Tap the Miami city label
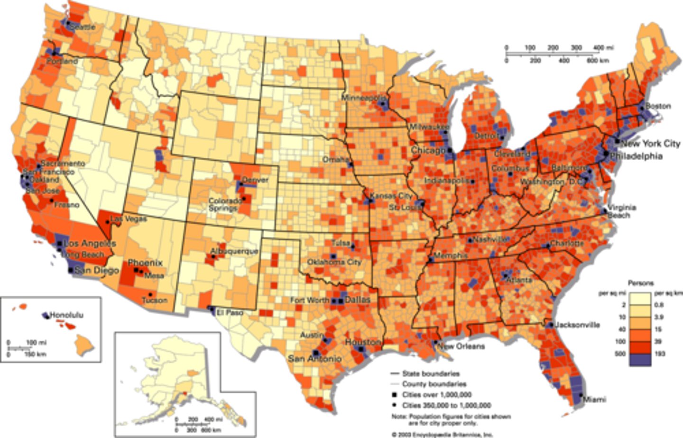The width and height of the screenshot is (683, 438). coord(594,400)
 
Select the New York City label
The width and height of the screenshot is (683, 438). coord(650,144)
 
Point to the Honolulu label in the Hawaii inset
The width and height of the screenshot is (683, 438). coord(66,315)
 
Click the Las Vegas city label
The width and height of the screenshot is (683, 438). coord(129,219)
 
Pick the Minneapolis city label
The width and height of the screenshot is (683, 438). coord(364,98)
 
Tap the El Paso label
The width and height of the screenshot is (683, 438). coord(230,312)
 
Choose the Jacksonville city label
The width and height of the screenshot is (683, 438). coord(577,325)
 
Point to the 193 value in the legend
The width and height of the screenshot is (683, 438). coord(659,354)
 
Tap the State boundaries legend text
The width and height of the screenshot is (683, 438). coord(431,374)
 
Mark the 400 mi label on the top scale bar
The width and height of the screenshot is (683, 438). coord(603,48)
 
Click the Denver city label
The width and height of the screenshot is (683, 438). coord(255,180)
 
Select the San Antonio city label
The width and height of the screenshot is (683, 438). coord(314,359)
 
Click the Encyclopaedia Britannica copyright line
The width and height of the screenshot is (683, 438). coord(442,434)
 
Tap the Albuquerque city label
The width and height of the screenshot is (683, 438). coord(234,251)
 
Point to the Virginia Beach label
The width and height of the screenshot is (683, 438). coord(622,211)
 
